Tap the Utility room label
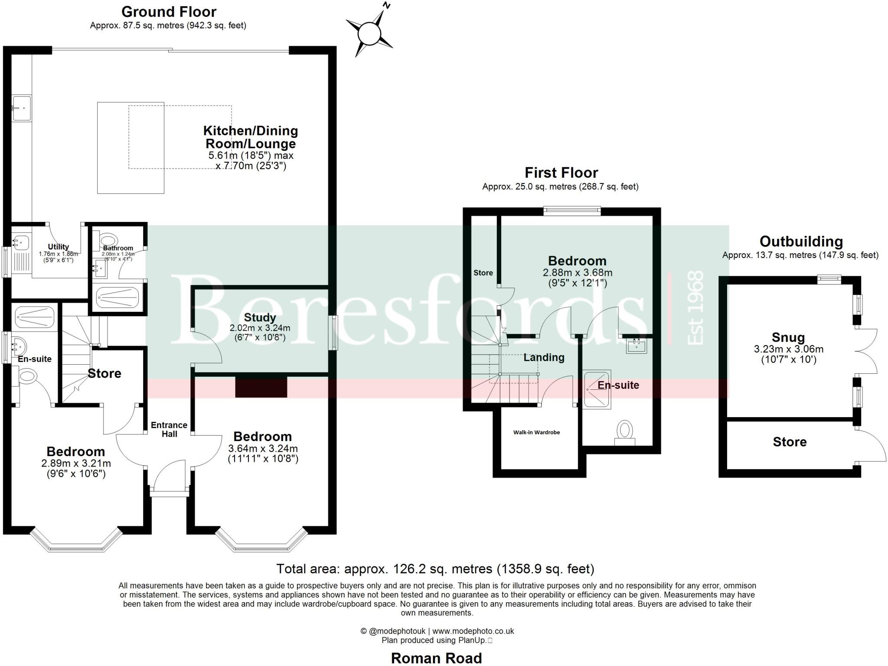pyautogui.click(x=59, y=247)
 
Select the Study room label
pyautogui.click(x=260, y=317)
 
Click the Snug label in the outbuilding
pyautogui.click(x=788, y=337)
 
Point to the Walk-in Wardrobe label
pyautogui.click(x=536, y=432)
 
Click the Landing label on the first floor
pyautogui.click(x=544, y=357)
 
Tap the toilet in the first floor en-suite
pyautogui.click(x=625, y=432)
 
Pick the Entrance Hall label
pyautogui.click(x=169, y=429)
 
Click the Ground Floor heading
pyautogui.click(x=169, y=12)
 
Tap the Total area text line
pyautogui.click(x=435, y=568)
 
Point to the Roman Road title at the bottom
pyautogui.click(x=436, y=658)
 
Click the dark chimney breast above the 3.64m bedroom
pyautogui.click(x=261, y=387)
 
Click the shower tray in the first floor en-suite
pyautogui.click(x=597, y=389)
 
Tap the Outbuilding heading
pyautogui.click(x=801, y=242)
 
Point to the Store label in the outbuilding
pyautogui.click(x=790, y=442)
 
